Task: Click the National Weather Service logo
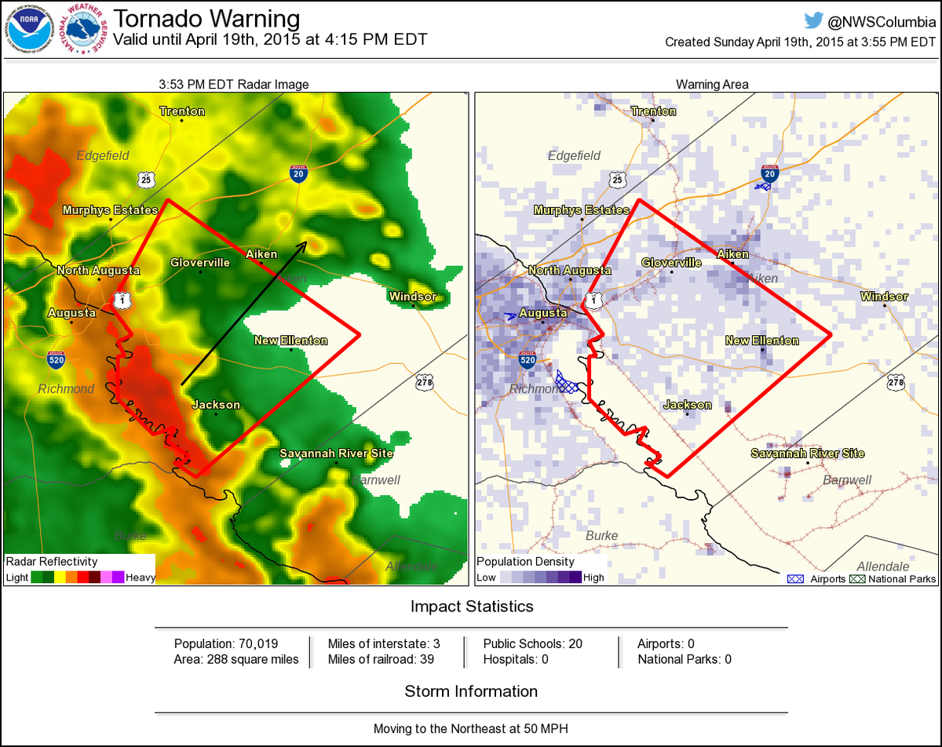(85, 30)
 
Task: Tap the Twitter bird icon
(812, 20)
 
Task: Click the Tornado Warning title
(206, 19)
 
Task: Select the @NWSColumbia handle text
(880, 21)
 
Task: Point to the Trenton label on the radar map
(182, 111)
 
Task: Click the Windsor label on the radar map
(413, 297)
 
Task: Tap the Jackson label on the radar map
(216, 405)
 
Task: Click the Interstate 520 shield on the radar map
(56, 360)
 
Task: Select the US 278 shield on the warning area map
(895, 382)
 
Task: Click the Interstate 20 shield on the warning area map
(769, 175)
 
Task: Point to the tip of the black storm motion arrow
(307, 242)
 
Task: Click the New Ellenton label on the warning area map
(761, 341)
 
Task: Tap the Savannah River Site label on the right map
(807, 454)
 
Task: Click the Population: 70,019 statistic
(226, 643)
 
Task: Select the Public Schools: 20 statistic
(532, 643)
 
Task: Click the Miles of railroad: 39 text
(381, 659)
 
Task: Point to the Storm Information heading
(471, 691)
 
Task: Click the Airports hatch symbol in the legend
(794, 579)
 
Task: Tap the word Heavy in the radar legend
(141, 578)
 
